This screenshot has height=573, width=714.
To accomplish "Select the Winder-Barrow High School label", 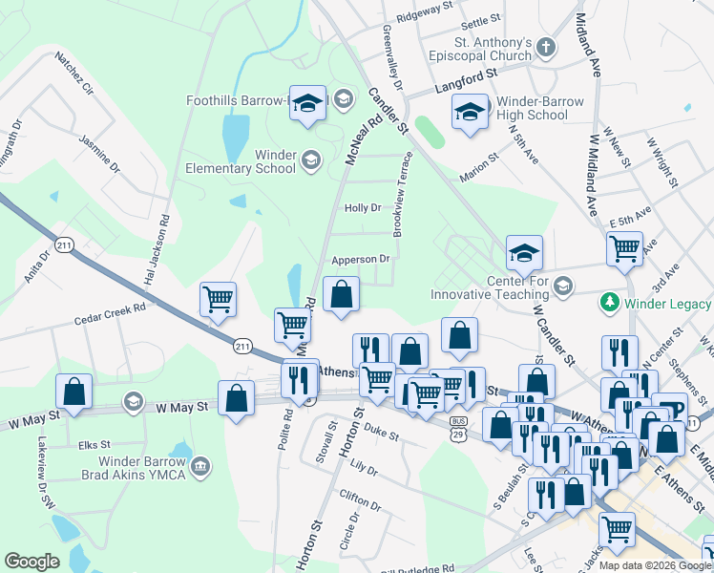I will [533, 108].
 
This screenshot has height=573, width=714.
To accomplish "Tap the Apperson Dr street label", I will [361, 259].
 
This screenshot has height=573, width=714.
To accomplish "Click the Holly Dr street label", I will [363, 207].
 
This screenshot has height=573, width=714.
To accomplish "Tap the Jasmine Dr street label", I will [99, 154].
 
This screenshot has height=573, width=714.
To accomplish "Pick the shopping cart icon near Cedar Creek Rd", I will [218, 299].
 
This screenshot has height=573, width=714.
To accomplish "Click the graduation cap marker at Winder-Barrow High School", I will [470, 113].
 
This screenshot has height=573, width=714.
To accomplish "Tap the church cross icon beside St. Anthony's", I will [544, 47].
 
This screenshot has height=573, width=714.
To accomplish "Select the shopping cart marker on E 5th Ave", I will [624, 247].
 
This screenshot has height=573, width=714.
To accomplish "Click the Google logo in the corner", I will [31, 562].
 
